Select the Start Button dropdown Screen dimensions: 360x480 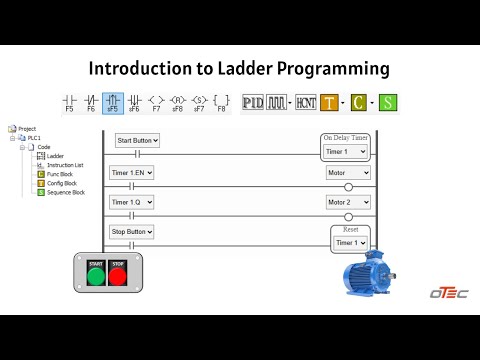click(x=137, y=140)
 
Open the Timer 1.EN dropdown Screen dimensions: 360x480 click(x=133, y=172)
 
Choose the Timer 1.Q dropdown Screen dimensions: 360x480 click(x=132, y=202)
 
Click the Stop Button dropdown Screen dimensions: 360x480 click(x=133, y=232)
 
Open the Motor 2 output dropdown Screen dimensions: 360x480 click(x=348, y=202)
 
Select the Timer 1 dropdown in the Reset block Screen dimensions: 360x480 click(x=350, y=242)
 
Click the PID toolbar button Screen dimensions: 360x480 click(x=252, y=102)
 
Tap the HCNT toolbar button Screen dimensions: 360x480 click(x=305, y=102)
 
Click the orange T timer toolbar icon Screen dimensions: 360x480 click(x=329, y=102)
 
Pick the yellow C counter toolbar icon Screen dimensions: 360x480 click(x=359, y=102)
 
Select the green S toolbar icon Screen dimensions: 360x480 click(x=387, y=102)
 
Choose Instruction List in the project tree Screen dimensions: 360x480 click(x=65, y=165)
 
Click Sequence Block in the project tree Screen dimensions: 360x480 click(x=65, y=192)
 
